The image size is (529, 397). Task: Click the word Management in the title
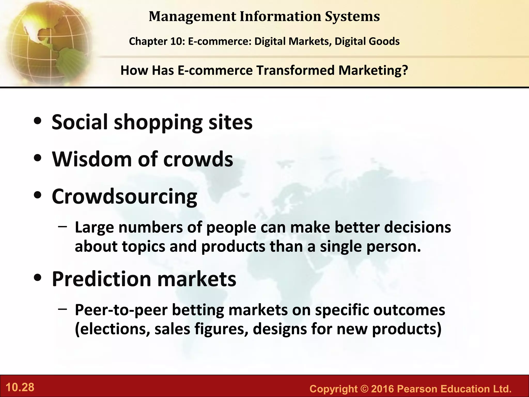point(192,17)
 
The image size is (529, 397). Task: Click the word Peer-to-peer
point(121,310)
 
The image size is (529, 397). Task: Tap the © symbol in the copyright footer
point(364,389)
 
